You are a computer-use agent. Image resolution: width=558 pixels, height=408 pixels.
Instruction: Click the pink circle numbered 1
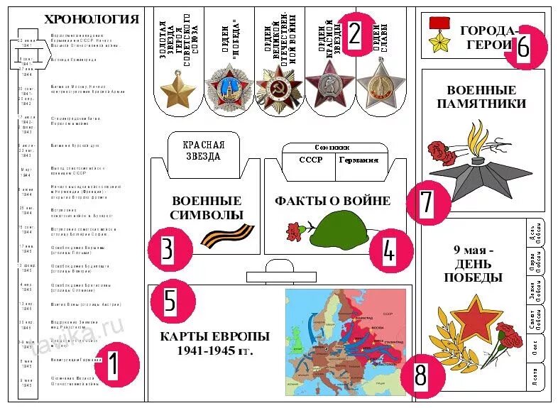pos(111,365)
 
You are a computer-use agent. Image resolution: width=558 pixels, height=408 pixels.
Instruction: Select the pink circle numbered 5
pos(170,301)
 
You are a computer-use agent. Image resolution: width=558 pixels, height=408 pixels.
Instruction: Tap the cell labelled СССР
pos(310,160)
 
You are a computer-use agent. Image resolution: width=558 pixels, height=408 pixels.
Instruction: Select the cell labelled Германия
pos(358,160)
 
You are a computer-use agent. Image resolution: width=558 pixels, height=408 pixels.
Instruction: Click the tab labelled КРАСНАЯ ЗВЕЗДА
pos(203,150)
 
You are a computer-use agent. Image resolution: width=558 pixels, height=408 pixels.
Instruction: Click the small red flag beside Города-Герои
pos(438,23)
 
